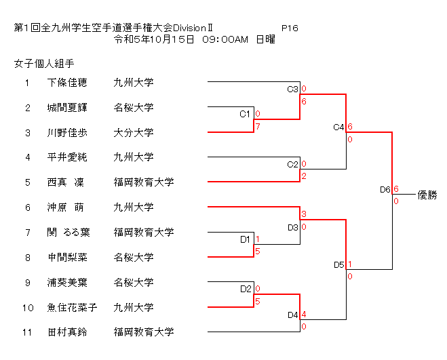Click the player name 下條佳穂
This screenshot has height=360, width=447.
click(x=67, y=83)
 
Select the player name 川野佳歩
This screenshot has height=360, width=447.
click(x=67, y=133)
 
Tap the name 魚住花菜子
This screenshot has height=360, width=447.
click(x=72, y=307)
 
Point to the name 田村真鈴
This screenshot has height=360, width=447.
click(x=67, y=332)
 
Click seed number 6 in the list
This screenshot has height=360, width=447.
click(x=28, y=207)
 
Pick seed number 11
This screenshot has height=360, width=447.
click(x=28, y=332)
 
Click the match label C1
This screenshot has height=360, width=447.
click(x=246, y=114)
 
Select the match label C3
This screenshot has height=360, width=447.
click(x=293, y=89)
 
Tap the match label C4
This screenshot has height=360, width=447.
click(x=338, y=127)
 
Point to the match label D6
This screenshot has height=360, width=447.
click(x=385, y=189)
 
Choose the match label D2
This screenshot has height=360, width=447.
click(x=246, y=289)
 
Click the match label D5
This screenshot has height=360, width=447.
click(x=338, y=264)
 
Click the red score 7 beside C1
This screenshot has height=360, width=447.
click(x=258, y=127)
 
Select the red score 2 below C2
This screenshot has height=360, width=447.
click(x=304, y=176)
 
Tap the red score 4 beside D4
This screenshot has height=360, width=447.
click(x=304, y=314)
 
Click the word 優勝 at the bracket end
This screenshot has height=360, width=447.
click(x=427, y=195)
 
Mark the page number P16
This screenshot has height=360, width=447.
click(x=290, y=28)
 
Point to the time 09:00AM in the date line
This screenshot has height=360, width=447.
click(x=225, y=39)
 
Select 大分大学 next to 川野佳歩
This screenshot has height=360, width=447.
click(x=134, y=133)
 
